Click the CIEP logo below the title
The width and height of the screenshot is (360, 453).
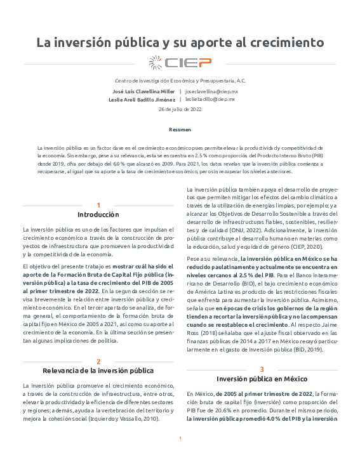180,62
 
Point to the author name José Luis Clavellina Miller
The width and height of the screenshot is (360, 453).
143,91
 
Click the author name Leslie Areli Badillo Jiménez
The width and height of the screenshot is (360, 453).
142,100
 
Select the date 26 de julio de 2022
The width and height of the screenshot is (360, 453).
180,110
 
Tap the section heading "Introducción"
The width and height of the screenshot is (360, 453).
98,214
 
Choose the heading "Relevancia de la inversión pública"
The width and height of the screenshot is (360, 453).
98,371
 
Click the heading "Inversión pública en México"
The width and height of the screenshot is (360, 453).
262,379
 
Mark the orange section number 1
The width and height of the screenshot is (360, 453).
98,205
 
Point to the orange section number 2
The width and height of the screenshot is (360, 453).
98,361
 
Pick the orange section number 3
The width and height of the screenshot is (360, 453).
262,369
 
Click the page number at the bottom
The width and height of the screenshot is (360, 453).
180,438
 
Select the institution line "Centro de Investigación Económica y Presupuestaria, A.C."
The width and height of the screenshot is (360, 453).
180,81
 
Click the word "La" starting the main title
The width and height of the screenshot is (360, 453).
43,43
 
